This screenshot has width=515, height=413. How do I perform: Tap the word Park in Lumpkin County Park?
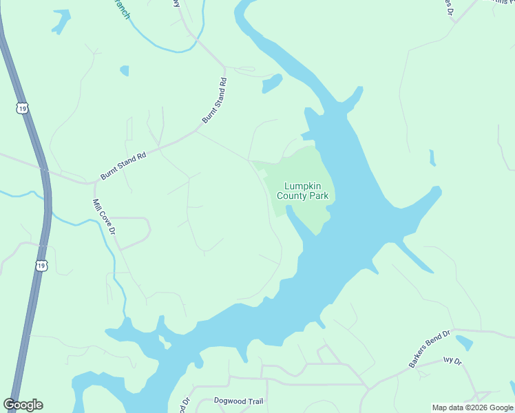318,196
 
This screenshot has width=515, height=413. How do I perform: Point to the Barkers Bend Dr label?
430,349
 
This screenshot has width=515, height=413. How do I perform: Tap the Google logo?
23,405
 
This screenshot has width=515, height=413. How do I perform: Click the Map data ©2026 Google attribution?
473,407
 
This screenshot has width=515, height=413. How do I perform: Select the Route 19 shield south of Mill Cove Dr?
41,266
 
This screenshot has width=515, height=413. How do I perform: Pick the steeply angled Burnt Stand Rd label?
215,100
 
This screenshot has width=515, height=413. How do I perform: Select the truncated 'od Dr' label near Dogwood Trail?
185,405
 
